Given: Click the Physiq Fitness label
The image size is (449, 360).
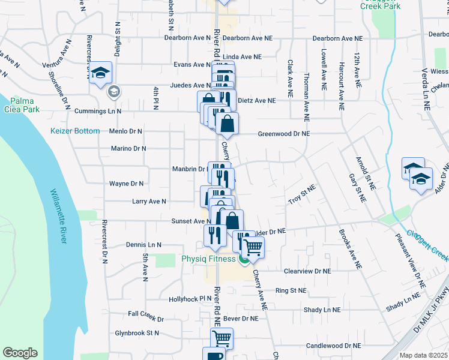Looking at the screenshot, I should pos(209,259).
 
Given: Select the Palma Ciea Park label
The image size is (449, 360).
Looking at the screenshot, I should pos(24,105).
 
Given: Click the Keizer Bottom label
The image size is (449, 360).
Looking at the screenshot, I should pos(75,130).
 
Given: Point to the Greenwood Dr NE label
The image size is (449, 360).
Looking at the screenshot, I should pos(284,134).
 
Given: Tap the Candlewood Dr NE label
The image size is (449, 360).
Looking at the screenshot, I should pos(334,346).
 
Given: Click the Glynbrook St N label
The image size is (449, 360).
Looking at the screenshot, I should pos(137,333).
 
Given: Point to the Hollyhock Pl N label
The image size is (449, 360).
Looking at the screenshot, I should pos(190,299).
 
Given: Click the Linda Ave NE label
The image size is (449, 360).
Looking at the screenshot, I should pos(242,56).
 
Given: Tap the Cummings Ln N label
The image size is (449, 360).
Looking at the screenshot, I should pos(97,112).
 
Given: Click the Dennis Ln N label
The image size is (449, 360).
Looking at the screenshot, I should pos(144,245).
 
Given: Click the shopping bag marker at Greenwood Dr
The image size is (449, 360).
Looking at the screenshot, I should pos(228,125).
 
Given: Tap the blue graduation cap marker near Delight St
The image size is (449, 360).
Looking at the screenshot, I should pos(101,74).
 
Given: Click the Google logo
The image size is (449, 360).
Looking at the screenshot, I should pos(20,353).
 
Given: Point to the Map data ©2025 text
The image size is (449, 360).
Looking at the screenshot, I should pos(424,355).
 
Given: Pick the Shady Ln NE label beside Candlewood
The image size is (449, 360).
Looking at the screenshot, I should pos(322,310).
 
